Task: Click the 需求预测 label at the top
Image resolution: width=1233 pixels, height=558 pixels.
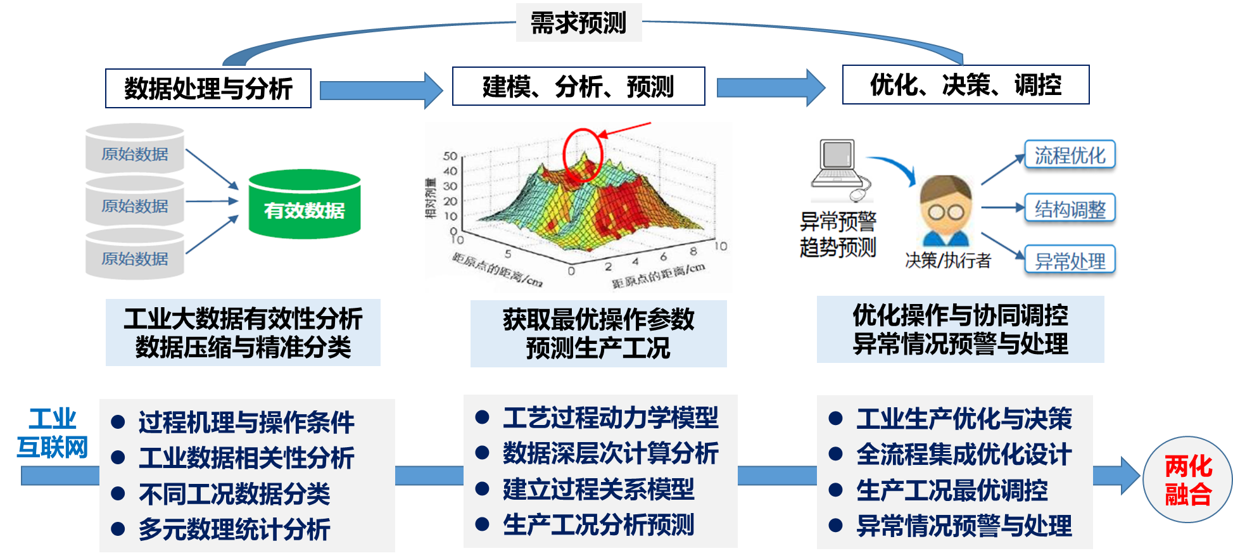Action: click(x=578, y=23)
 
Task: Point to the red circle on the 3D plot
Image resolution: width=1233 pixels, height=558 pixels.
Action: click(x=582, y=155)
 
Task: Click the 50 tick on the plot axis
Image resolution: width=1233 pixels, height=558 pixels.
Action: click(x=450, y=156)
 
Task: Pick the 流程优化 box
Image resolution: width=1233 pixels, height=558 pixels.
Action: click(x=1070, y=155)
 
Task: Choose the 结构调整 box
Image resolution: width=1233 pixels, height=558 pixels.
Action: click(x=1070, y=208)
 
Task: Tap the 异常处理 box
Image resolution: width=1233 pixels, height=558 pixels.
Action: click(x=1070, y=260)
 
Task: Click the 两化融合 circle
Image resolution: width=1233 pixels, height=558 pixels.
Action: click(x=1188, y=479)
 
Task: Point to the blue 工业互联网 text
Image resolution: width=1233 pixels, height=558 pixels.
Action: click(x=53, y=433)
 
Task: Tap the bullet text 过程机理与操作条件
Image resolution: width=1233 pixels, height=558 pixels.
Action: click(x=246, y=422)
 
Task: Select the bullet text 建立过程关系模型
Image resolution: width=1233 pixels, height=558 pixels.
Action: click(x=598, y=489)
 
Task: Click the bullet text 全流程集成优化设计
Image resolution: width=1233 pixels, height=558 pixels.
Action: click(x=964, y=454)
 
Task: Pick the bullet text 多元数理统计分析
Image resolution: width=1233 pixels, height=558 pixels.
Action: click(x=234, y=529)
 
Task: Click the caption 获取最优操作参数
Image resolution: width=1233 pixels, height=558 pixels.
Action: click(x=598, y=319)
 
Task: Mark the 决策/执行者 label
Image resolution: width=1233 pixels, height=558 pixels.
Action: click(x=948, y=260)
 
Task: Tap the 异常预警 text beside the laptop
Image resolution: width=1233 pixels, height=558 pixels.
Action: click(x=838, y=222)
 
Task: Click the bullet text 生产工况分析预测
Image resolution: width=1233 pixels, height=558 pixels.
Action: click(x=598, y=524)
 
